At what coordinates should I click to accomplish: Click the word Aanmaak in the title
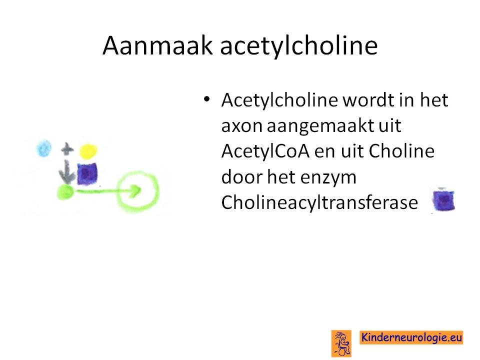tap(157, 45)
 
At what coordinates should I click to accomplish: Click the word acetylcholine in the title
tap(299, 46)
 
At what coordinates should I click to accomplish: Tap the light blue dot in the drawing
tap(44, 148)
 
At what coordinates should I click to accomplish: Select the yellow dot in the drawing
tap(88, 151)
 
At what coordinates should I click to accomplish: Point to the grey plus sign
tap(67, 149)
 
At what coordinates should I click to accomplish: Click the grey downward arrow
tap(67, 171)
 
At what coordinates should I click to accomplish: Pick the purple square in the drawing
tap(87, 173)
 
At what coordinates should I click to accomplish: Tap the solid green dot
tap(65, 192)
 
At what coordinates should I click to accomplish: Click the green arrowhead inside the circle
tap(135, 190)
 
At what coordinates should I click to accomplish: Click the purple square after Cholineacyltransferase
tap(443, 200)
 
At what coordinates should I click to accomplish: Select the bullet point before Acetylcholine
tap(207, 99)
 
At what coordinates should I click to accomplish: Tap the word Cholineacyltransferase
tap(319, 202)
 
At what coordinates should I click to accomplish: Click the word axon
tap(242, 126)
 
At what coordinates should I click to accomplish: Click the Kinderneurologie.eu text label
tap(411, 337)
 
